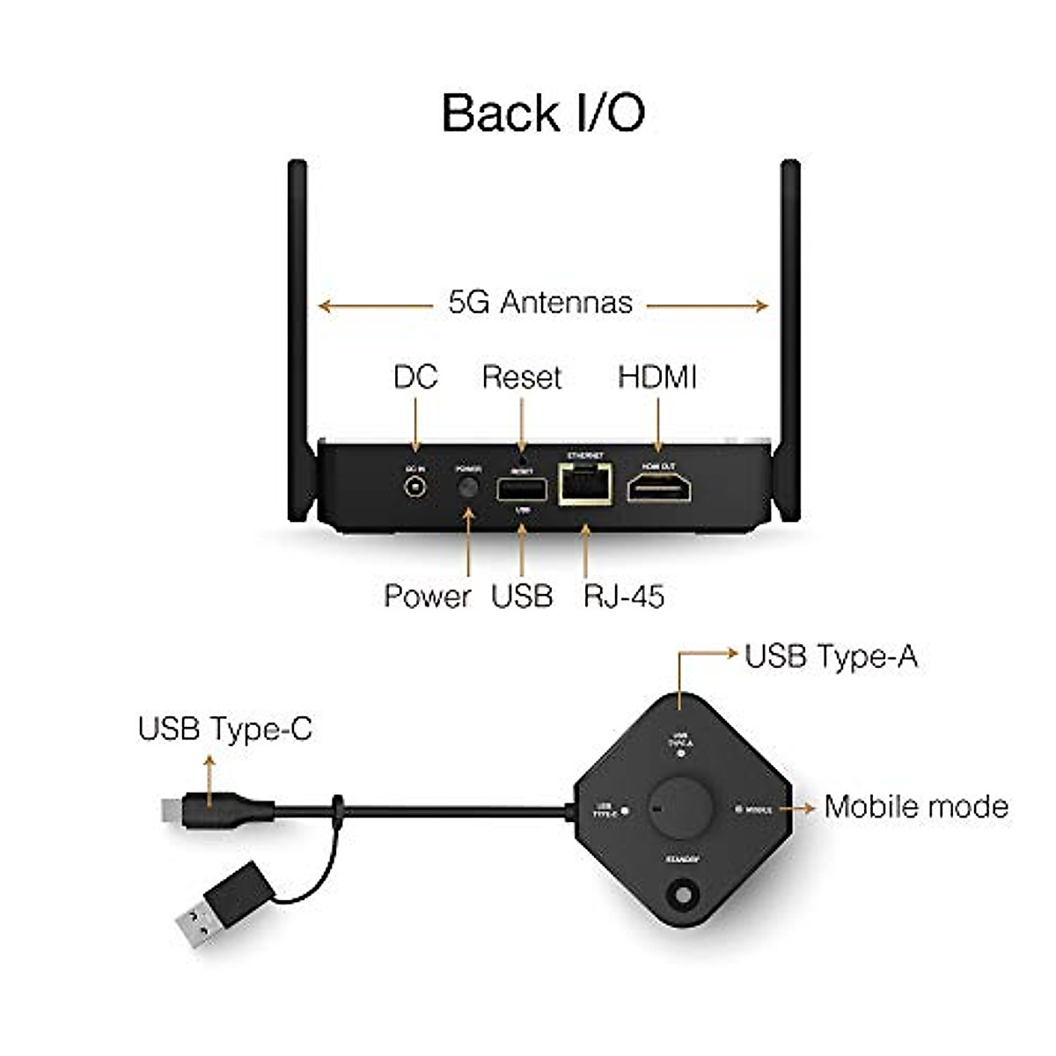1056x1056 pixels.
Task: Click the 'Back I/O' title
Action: click(x=543, y=113)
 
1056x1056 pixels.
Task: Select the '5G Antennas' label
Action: click(x=540, y=303)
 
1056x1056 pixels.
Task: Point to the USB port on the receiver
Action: click(x=522, y=489)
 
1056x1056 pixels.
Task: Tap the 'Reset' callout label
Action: click(x=522, y=378)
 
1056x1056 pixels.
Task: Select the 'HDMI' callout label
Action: click(x=657, y=378)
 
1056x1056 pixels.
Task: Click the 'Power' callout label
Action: click(x=428, y=596)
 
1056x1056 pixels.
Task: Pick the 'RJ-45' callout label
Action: click(x=624, y=596)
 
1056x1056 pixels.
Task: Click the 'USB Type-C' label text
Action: click(x=225, y=729)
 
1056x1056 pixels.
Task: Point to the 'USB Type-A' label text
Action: click(x=831, y=656)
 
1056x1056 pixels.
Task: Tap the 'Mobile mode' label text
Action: click(x=916, y=806)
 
